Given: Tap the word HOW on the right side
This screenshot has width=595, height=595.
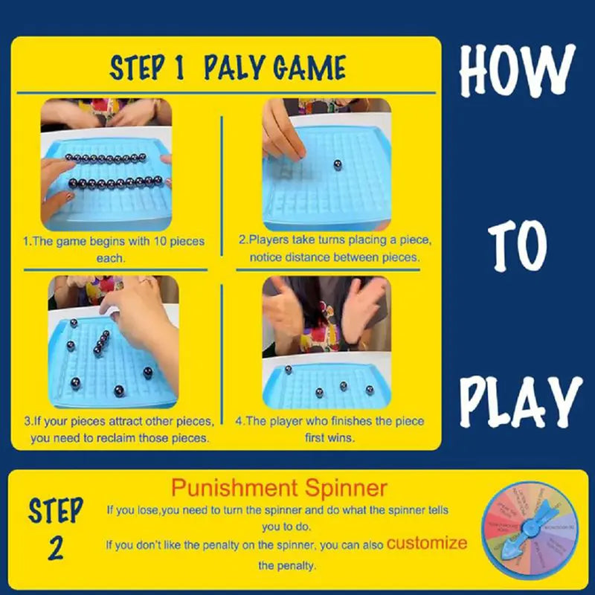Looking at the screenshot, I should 518,71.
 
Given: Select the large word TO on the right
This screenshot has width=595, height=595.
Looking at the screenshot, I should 518,245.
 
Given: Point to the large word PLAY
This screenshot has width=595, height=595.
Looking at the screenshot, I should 519,402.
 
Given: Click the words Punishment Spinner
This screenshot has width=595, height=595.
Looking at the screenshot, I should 279,489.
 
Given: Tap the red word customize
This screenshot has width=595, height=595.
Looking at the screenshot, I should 427,543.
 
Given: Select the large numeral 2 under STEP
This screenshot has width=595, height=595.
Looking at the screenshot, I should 56,548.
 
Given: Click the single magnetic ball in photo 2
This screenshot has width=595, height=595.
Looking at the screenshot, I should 337,164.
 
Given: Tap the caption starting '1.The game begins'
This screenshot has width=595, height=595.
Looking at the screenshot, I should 113,249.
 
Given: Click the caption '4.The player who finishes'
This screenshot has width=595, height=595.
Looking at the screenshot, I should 329,429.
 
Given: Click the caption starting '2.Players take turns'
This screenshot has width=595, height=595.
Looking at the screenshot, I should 335,249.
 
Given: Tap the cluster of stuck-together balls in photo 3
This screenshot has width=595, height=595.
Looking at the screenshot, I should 101,342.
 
